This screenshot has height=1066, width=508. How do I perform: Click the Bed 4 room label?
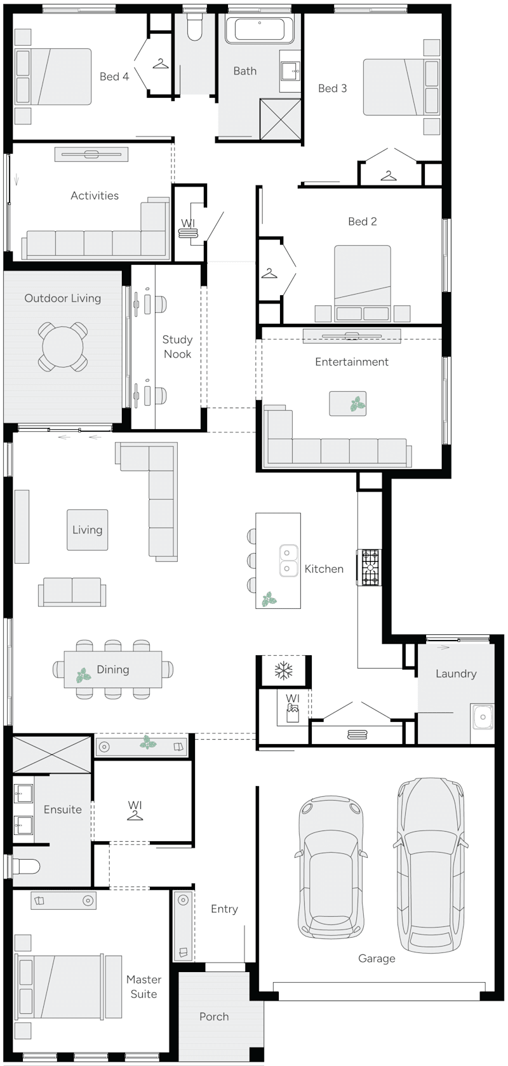(114, 77)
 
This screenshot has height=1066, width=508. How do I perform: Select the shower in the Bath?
(279, 119)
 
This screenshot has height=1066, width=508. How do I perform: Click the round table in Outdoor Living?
(63, 346)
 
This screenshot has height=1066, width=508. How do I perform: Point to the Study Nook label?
(177, 347)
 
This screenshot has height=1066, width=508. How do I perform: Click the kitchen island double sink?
(288, 561)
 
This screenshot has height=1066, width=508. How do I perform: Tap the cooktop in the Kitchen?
(369, 567)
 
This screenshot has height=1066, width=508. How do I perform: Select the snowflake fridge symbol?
(283, 670)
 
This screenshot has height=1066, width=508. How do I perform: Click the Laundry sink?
(483, 717)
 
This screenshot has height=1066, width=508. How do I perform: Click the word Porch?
(214, 1016)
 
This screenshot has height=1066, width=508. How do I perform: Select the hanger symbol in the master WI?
(135, 815)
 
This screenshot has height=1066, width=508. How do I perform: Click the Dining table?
(113, 669)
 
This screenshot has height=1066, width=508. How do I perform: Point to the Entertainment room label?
(352, 362)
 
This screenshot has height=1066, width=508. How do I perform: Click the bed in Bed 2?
(363, 279)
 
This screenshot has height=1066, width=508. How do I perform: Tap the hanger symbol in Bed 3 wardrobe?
(389, 175)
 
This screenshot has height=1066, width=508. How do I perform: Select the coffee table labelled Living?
(88, 530)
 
